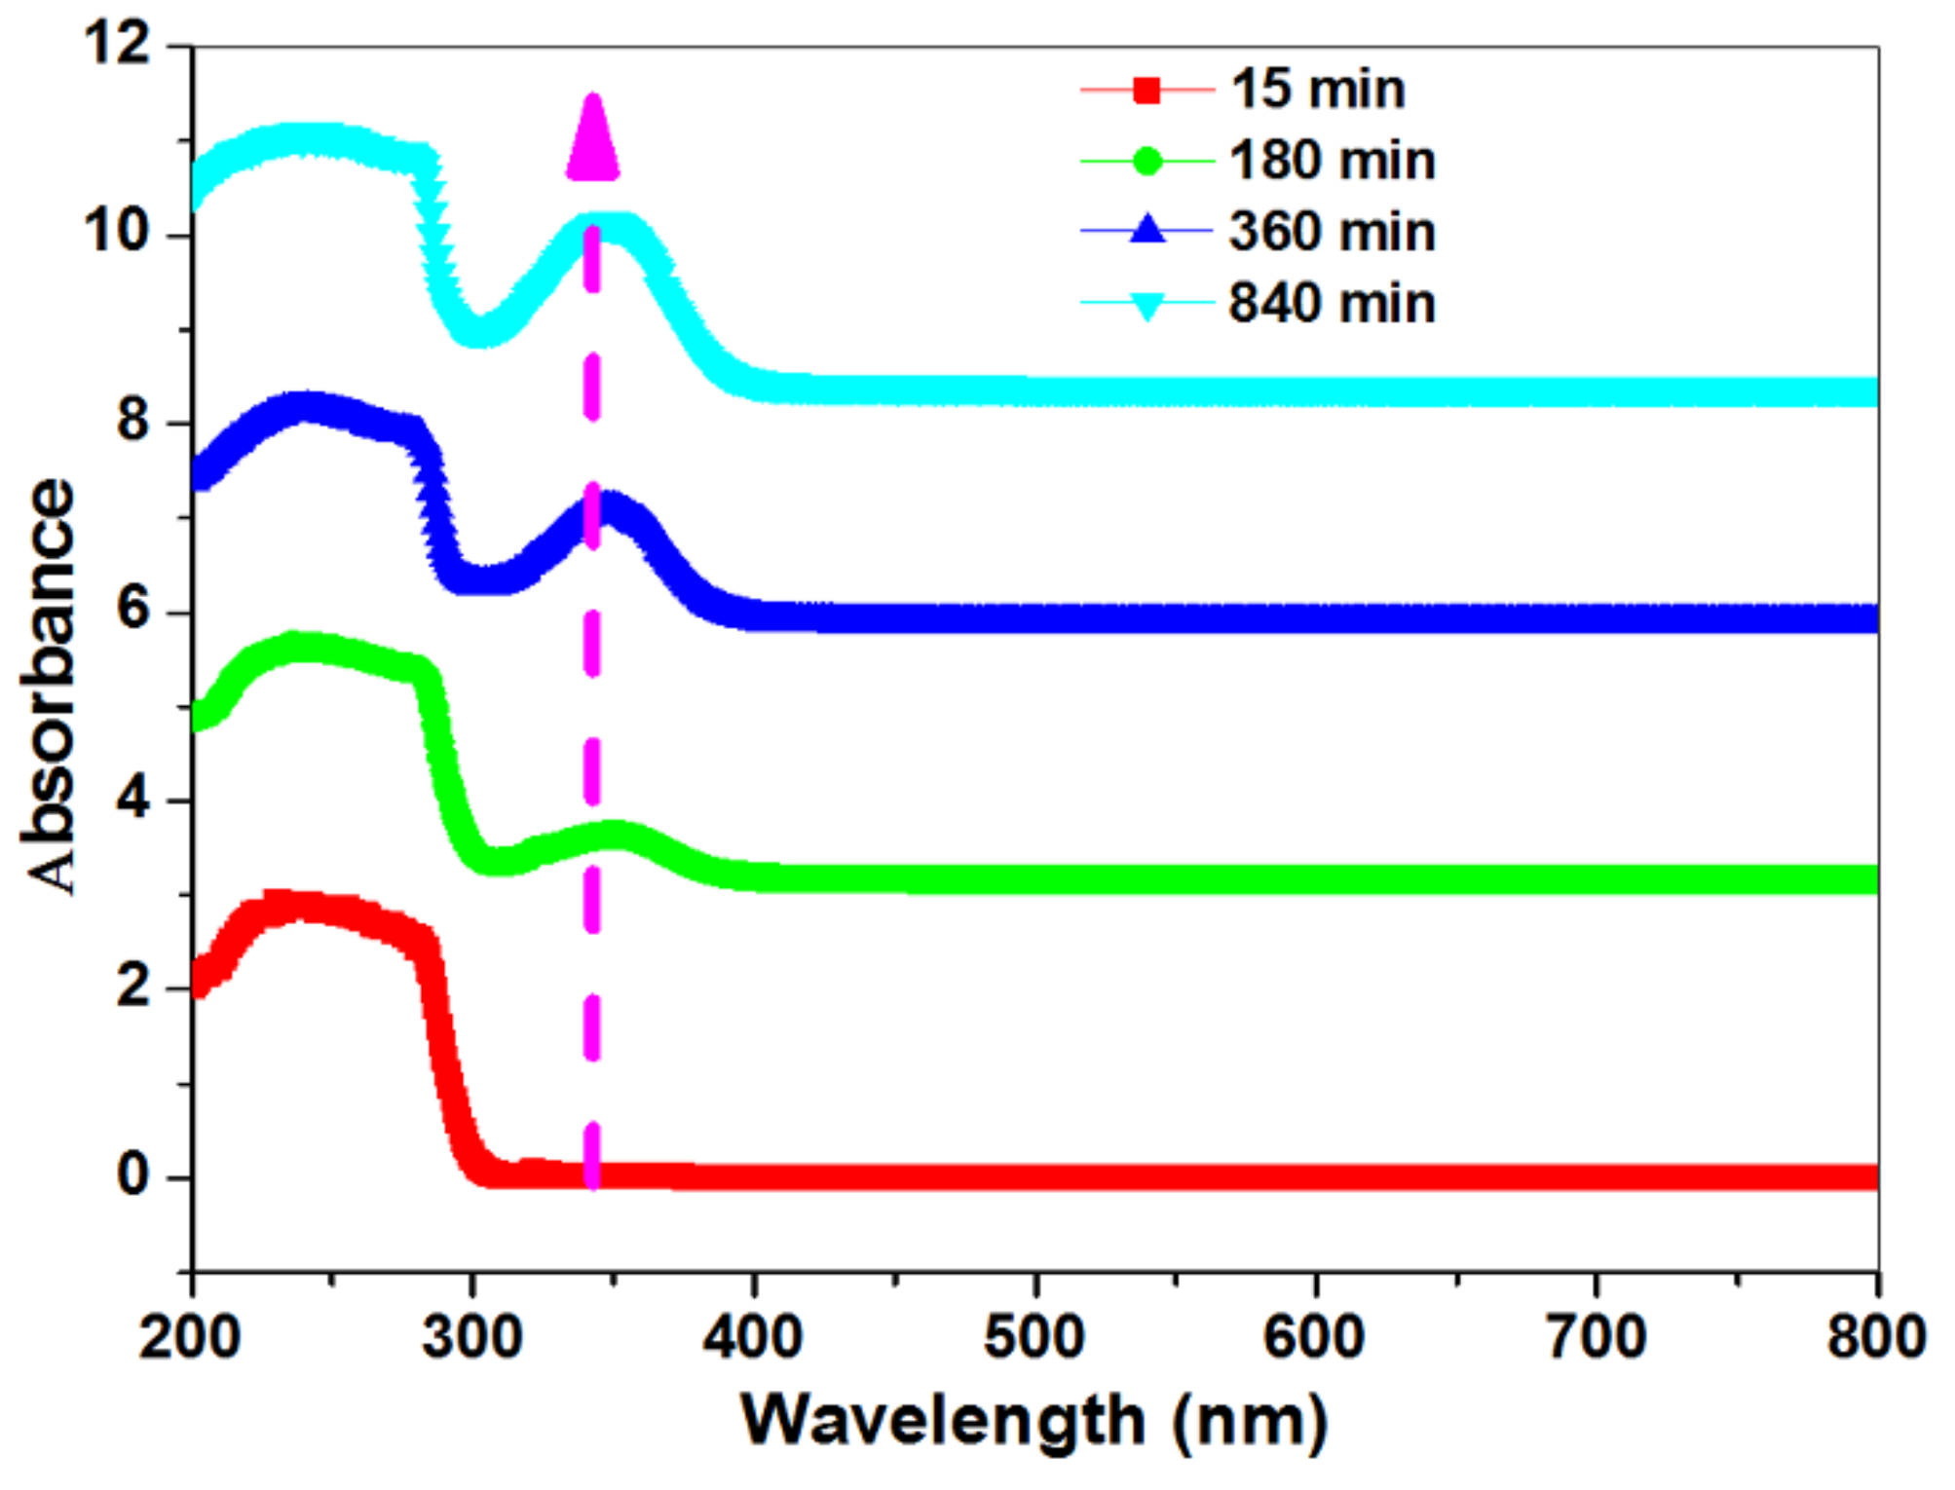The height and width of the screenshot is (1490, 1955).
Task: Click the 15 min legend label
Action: tap(1317, 90)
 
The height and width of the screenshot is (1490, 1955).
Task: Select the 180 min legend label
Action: tap(1332, 161)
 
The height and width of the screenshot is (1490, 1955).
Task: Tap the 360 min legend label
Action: tap(1332, 232)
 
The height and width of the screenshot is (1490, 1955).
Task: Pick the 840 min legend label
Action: tap(1332, 303)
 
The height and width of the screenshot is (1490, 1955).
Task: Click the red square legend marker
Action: tap(1147, 91)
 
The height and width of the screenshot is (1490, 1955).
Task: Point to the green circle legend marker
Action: tap(1147, 161)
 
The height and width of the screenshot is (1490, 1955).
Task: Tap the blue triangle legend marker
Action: tap(1147, 231)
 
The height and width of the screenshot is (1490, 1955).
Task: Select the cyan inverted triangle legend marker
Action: tap(1147, 305)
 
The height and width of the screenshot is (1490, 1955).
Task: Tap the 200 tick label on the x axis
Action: tap(189, 1336)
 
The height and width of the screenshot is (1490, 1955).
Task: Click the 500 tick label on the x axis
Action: tap(1034, 1336)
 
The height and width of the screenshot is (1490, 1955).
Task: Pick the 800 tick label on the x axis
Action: tap(1876, 1336)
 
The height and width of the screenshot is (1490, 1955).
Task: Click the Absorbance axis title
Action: tap(49, 686)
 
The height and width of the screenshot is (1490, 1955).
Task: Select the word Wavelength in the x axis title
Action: tap(942, 1421)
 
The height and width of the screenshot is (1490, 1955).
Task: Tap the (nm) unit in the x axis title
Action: tap(1249, 1421)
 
